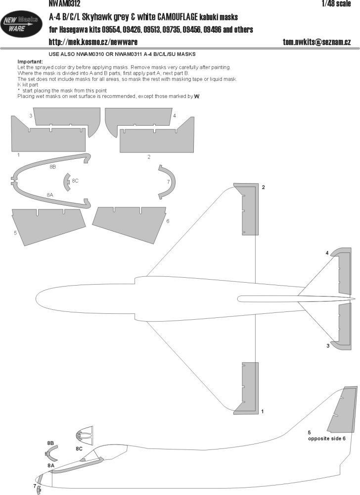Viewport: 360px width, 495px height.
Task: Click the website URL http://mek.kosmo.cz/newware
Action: (92, 42)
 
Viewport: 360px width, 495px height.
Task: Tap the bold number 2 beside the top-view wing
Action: (264, 188)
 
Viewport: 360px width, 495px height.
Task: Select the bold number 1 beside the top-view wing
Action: (263, 411)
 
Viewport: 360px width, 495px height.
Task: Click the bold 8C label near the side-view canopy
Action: (79, 448)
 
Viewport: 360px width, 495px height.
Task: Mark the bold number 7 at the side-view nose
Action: (35, 486)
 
